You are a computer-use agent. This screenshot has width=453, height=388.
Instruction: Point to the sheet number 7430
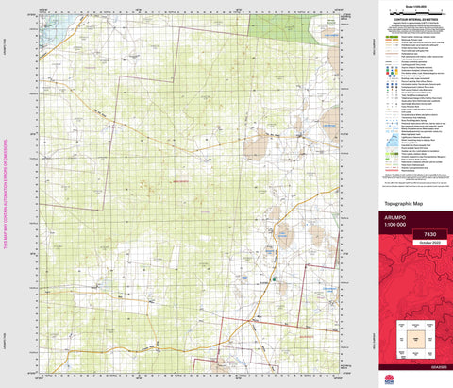pos(430,233)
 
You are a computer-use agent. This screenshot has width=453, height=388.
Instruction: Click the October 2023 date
pos(430,243)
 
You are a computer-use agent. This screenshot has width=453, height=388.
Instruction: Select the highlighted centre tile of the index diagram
pos(415,336)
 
